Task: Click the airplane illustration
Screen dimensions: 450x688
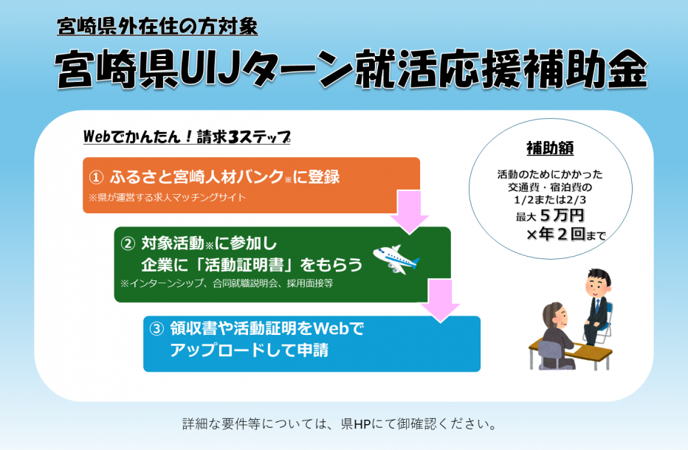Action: click(396, 259)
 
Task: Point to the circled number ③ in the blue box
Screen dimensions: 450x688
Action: click(156, 329)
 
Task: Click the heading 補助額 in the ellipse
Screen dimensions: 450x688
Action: click(550, 148)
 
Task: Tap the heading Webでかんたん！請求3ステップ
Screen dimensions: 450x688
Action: click(187, 138)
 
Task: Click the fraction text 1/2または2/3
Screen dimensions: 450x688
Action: click(550, 199)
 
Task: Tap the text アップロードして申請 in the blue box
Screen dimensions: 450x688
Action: click(249, 350)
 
